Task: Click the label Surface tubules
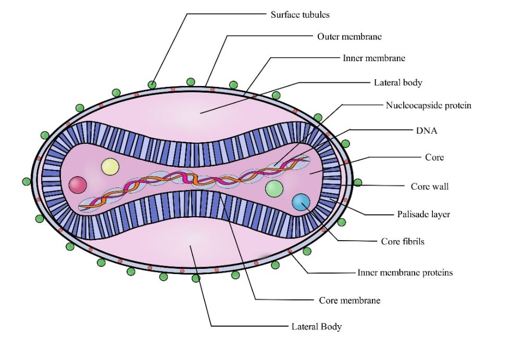point(300,15)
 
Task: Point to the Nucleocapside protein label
point(428,105)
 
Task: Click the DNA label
point(427,131)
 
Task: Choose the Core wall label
point(429,186)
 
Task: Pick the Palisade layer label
point(423,214)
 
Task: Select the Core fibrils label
point(403,241)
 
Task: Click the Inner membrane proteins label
point(405,272)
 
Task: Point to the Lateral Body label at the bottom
point(316,327)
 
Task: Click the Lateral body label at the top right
point(397,82)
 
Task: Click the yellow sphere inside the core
point(110,167)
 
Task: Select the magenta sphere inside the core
point(78,184)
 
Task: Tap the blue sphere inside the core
point(301,202)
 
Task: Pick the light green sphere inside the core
point(274,188)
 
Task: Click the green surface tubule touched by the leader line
point(152,84)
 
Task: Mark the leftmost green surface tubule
point(27,182)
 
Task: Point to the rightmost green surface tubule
point(358,183)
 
